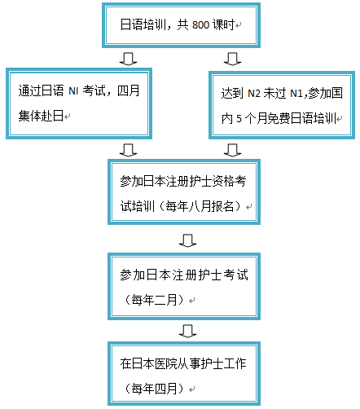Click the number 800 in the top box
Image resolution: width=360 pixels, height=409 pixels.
coord(200,25)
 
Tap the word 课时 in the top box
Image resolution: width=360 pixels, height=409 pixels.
coord(224,24)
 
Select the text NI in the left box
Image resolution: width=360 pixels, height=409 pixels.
coord(73,91)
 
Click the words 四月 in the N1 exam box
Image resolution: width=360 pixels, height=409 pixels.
coord(128,90)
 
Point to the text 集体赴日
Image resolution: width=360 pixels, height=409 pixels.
coord(41,116)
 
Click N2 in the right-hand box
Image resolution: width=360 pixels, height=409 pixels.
coord(254,94)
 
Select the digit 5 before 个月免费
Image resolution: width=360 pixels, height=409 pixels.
coord(239,119)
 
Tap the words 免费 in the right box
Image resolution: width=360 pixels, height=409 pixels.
coord(279,118)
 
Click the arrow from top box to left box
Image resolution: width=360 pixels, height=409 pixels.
coord(128,59)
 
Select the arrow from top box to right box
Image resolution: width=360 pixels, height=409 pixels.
coord(232,59)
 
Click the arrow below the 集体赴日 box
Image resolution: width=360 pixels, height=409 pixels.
coord(128,150)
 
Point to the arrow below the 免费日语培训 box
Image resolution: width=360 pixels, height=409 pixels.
coord(232,150)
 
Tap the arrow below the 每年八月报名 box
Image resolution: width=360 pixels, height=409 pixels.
coord(187,240)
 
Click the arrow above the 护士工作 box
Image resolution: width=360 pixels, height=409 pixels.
coord(187,331)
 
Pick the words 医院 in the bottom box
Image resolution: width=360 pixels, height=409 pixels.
coord(166,363)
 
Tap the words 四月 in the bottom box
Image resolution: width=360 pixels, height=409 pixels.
coord(166,389)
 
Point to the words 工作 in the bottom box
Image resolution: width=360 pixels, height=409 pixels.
coord(235,363)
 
